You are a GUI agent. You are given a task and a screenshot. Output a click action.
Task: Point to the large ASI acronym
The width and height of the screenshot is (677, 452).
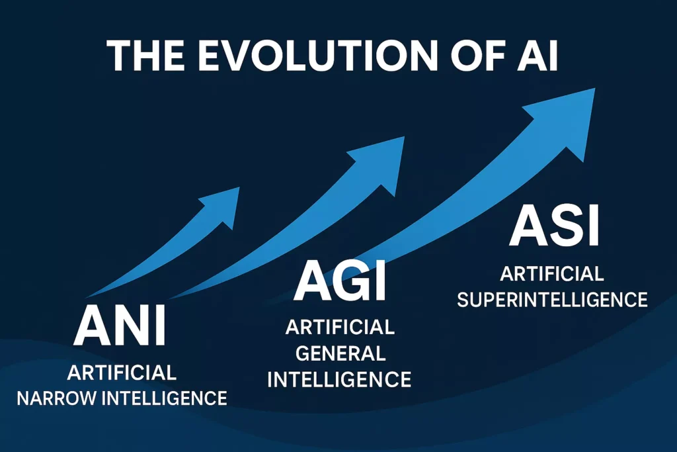(x=554, y=227)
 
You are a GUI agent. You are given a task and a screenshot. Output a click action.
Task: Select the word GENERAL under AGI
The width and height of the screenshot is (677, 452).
(x=340, y=353)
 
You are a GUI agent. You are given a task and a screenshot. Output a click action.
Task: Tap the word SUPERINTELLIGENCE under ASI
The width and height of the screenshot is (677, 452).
(x=552, y=300)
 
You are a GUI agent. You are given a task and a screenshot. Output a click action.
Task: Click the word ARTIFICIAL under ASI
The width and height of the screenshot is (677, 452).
(x=552, y=273)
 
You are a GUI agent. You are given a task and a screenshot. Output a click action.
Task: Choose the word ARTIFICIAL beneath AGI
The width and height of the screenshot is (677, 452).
(x=340, y=327)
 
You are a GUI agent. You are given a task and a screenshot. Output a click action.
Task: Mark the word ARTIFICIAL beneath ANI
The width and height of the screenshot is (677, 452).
(x=122, y=373)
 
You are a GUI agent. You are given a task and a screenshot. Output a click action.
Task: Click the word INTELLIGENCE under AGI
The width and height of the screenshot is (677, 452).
(x=340, y=379)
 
